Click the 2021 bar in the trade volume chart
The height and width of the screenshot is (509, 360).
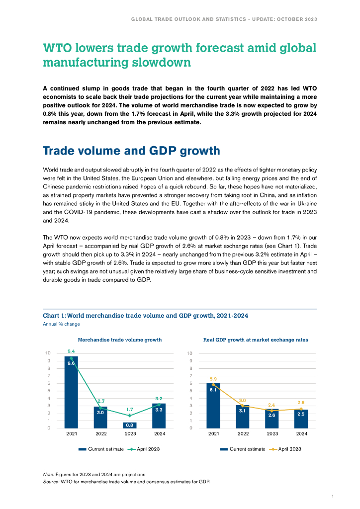71,393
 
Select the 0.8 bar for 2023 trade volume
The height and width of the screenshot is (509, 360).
130,425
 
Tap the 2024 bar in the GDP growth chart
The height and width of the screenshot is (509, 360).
301,419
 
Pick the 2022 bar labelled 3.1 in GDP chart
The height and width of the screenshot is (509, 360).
243,417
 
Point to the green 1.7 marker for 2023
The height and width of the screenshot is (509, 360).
130,416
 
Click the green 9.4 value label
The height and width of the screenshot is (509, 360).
71,351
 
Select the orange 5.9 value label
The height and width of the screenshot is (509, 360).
213,379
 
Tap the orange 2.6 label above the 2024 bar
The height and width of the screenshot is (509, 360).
301,403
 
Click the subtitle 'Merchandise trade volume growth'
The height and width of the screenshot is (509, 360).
119,340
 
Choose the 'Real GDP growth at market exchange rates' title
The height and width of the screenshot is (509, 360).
256,340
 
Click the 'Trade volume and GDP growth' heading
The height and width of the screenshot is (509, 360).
132,151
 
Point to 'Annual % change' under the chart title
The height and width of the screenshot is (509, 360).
61,324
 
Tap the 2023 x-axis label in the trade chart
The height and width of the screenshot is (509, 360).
130,433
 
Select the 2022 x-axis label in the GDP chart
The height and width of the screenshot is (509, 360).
243,433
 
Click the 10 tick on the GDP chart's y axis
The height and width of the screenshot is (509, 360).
189,353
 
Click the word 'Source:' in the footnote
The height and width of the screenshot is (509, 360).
51,482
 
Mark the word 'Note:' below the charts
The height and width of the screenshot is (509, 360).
49,474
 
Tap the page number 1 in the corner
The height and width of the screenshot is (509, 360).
332,496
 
